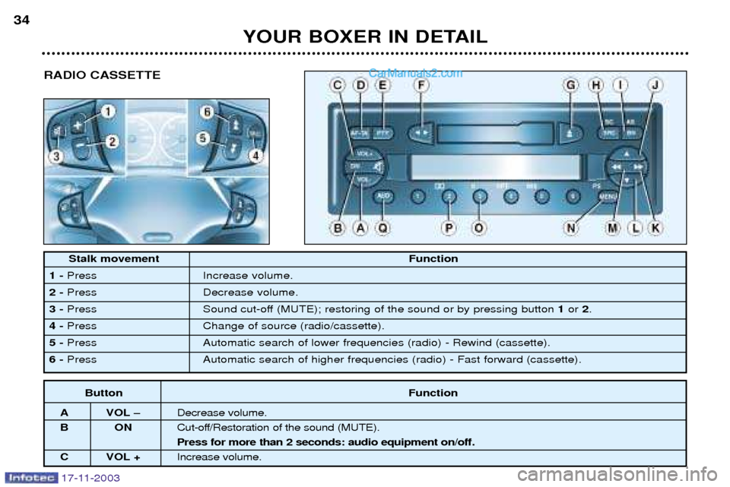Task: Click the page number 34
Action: point(21,21)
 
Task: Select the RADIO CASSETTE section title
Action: point(102,75)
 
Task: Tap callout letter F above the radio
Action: point(421,87)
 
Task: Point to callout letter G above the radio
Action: point(570,87)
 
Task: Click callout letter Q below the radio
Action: point(383,226)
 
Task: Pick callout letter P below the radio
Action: point(450,226)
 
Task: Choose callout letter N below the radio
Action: point(570,226)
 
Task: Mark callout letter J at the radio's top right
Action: point(655,87)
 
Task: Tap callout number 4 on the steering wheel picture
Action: point(256,156)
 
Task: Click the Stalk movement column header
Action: point(114,259)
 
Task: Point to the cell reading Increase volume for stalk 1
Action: point(247,275)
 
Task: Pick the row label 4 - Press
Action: point(74,326)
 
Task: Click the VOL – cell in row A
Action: point(123,413)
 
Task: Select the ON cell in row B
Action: point(123,428)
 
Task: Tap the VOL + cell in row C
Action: point(123,457)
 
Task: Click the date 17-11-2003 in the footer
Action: point(85,478)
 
